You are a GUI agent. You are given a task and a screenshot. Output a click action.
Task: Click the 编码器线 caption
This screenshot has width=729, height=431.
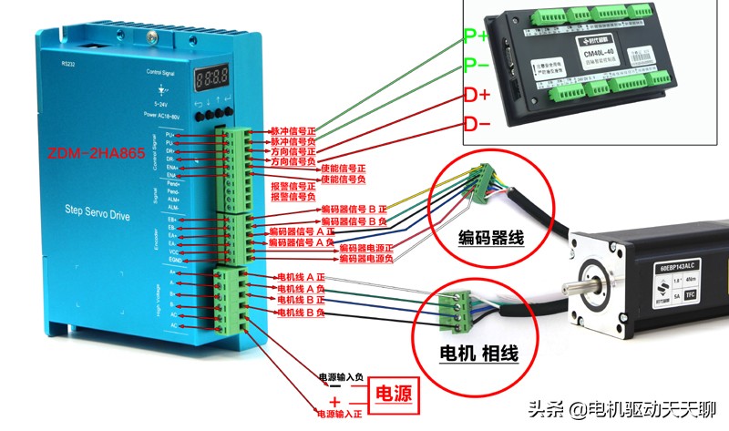pyautogui.click(x=490, y=239)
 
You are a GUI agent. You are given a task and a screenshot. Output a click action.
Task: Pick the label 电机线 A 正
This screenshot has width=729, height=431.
pyautogui.click(x=301, y=277)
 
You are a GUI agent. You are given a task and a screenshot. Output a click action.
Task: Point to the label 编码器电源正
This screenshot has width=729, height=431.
pyautogui.click(x=368, y=247)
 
